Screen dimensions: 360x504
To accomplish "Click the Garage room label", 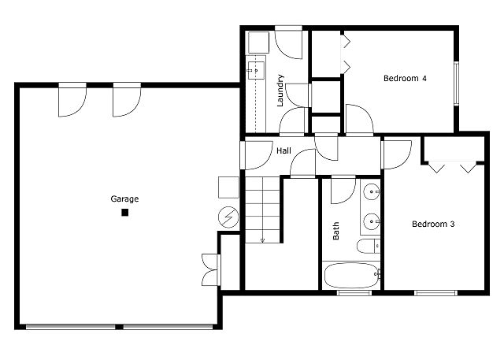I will [124, 199].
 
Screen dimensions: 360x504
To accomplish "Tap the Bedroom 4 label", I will [405, 78].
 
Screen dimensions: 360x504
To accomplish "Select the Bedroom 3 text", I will [433, 224].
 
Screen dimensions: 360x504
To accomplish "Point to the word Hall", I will [283, 149].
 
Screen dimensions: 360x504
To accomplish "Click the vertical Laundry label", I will [280, 91].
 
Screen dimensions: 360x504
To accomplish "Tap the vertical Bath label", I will [336, 230].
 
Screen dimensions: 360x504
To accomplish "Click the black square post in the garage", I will [124, 212].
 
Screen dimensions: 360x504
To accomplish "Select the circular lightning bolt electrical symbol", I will [228, 215].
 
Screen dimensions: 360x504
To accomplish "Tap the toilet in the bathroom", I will [367, 247].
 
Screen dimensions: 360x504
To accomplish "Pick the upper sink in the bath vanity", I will [371, 191].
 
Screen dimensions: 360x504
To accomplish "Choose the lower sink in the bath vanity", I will [371, 221].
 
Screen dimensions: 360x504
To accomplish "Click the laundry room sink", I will [255, 70].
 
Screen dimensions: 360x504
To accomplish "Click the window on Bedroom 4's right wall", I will [456, 82].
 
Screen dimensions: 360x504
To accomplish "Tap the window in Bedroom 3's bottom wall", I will [435, 293].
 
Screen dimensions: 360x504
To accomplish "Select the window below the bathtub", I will [354, 293].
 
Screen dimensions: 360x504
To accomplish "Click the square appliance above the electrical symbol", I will [228, 187].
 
